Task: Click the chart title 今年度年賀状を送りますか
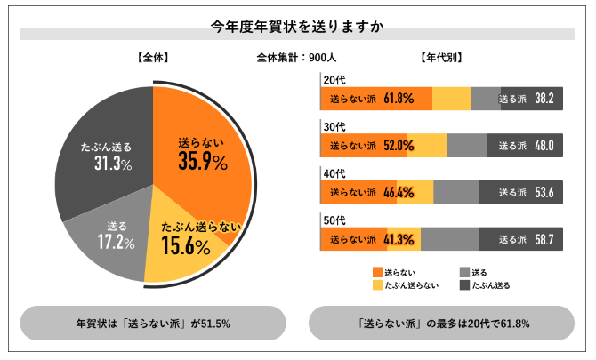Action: (297, 26)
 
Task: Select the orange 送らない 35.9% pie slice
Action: (201, 152)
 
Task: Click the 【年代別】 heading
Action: (440, 58)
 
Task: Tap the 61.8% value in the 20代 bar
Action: (399, 99)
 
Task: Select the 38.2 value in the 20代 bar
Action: (544, 99)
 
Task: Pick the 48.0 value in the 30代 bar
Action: (544, 145)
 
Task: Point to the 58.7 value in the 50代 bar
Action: (544, 238)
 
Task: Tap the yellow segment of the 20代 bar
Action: (451, 99)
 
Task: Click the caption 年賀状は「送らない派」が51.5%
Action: (152, 324)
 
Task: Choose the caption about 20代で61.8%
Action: (441, 324)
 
